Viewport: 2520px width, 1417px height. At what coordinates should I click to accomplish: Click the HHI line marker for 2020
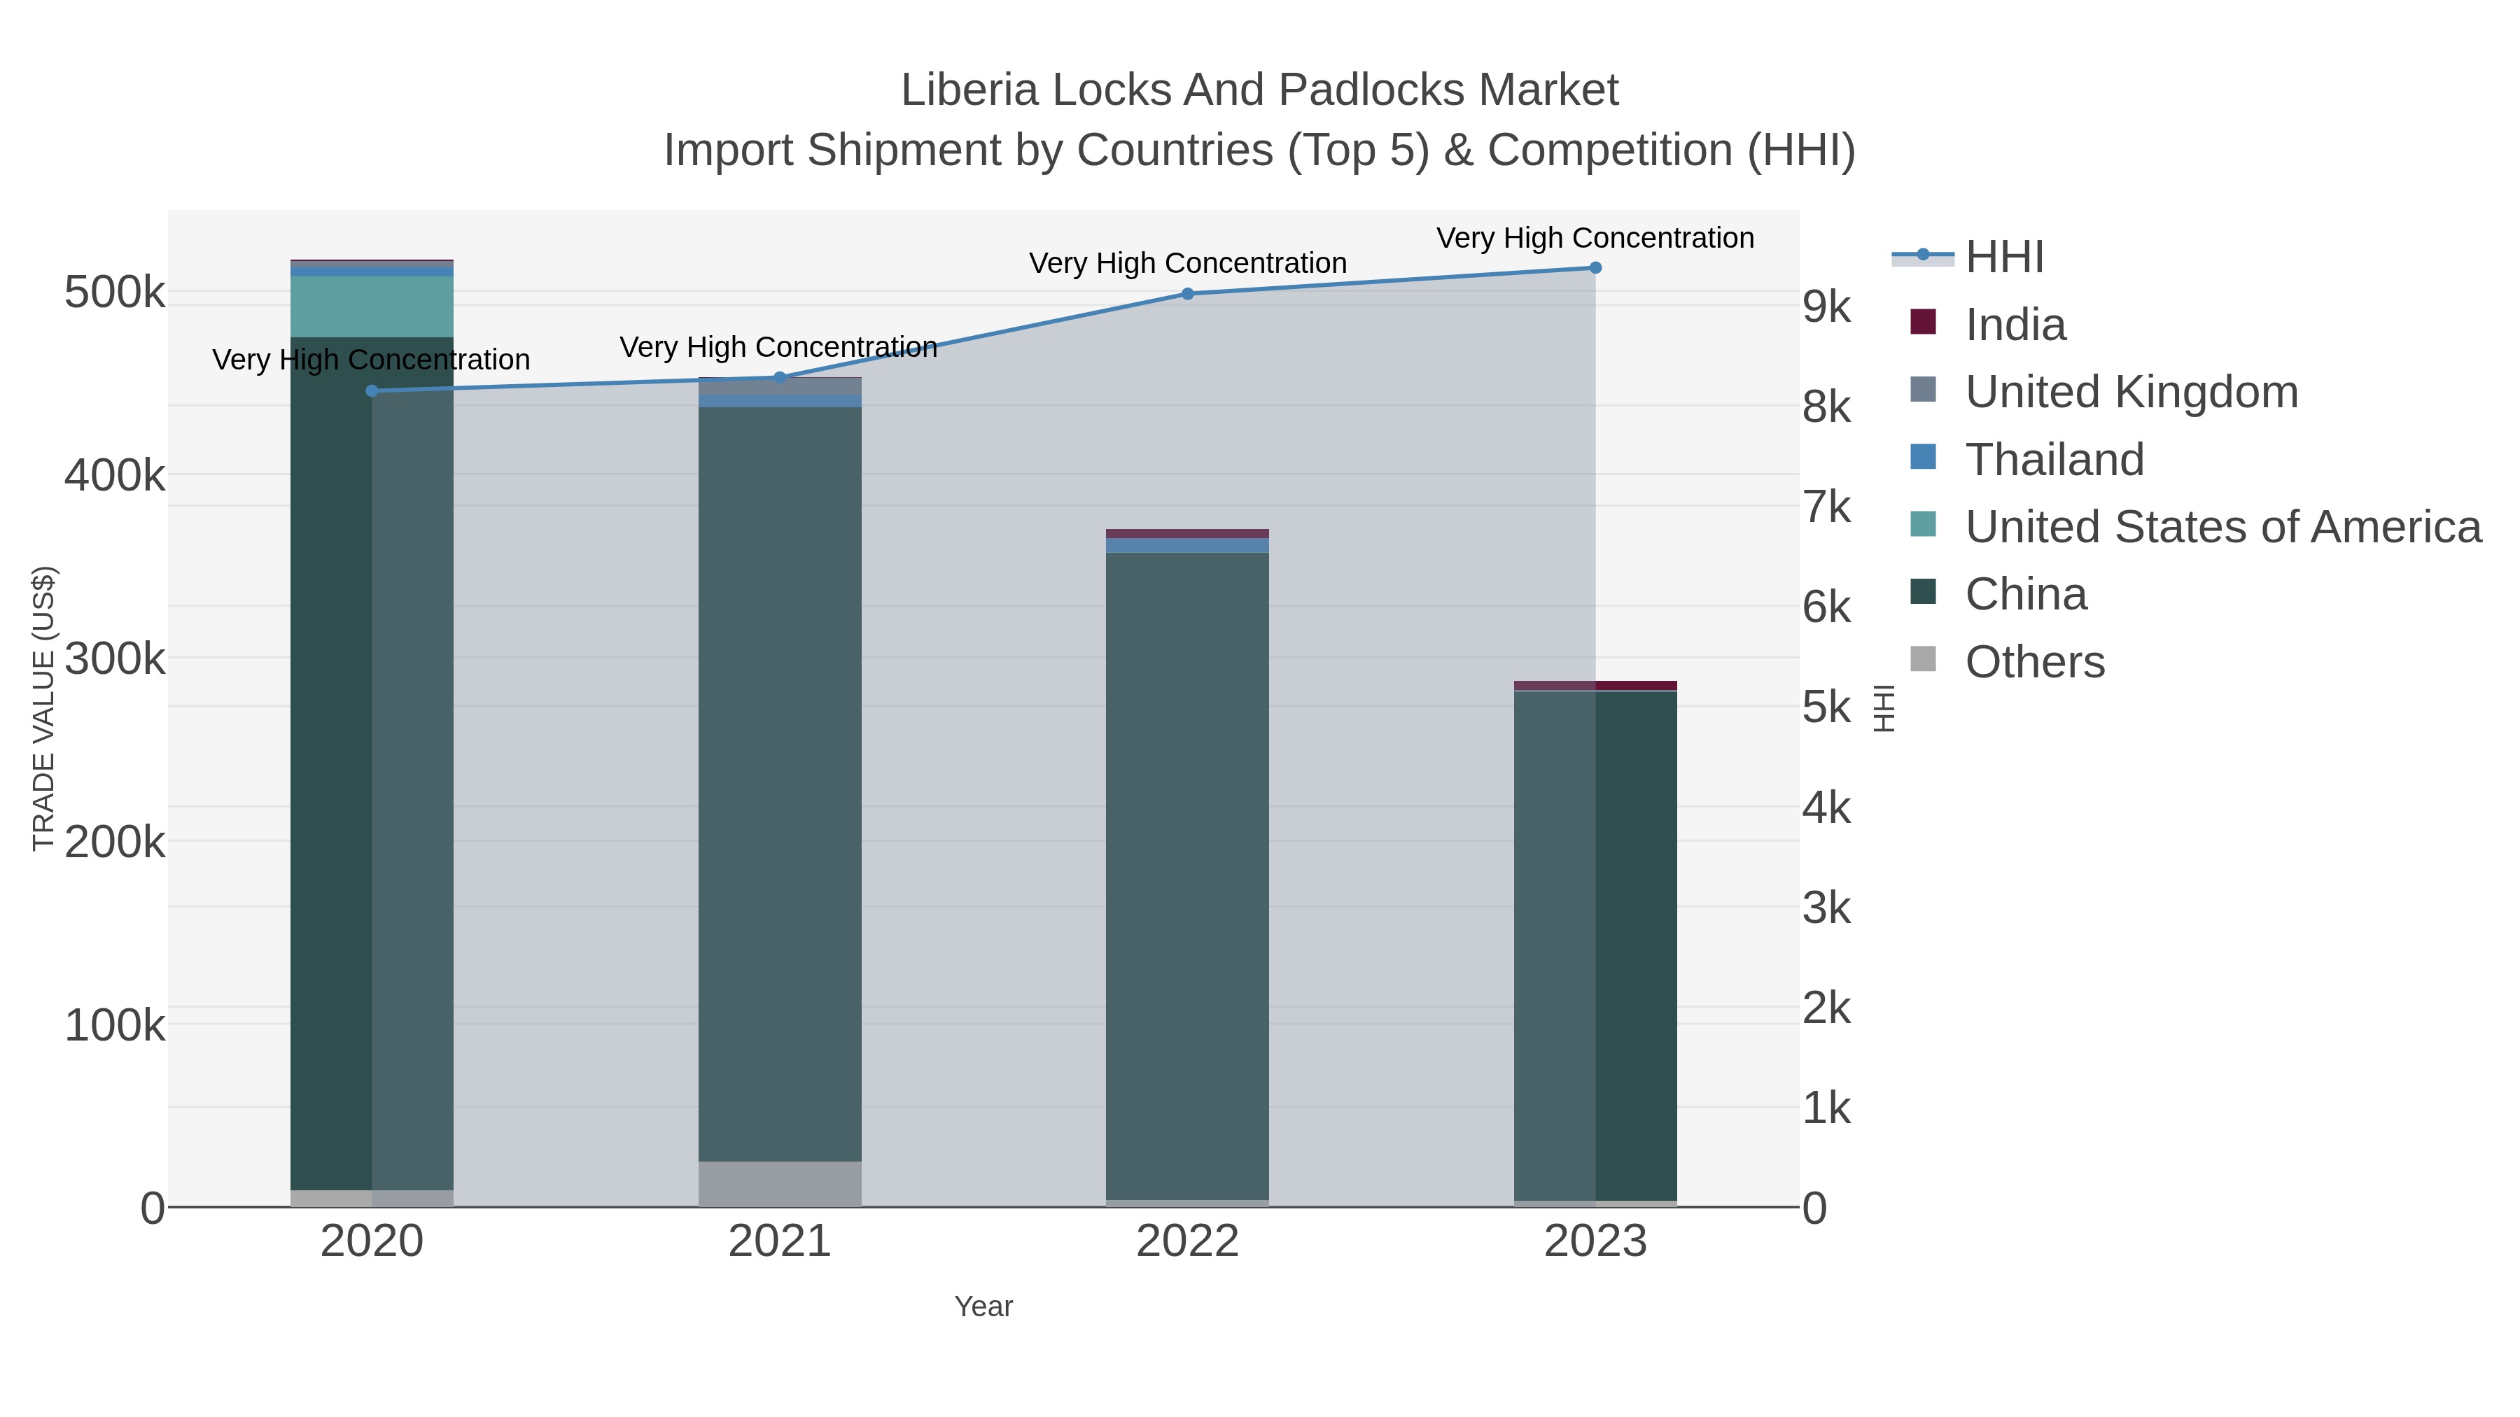pyautogui.click(x=372, y=391)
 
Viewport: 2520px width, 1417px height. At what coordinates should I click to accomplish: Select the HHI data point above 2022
pyautogui.click(x=1188, y=293)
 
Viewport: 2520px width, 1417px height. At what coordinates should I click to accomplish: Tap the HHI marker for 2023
pyautogui.click(x=1595, y=268)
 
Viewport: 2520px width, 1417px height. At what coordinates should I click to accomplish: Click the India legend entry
pyautogui.click(x=2015, y=325)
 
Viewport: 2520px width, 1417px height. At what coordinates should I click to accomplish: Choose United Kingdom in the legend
pyautogui.click(x=2131, y=392)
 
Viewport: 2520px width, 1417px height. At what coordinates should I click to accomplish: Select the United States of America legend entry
pyautogui.click(x=2222, y=527)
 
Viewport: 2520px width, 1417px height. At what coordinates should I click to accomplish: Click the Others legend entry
pyautogui.click(x=2035, y=662)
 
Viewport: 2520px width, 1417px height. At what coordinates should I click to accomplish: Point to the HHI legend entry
pyautogui.click(x=2003, y=258)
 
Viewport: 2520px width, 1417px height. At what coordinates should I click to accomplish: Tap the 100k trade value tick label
pyautogui.click(x=115, y=1026)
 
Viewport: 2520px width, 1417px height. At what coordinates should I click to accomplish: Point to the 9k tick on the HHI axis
pyautogui.click(x=1826, y=307)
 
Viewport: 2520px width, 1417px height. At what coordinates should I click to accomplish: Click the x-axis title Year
pyautogui.click(x=983, y=1306)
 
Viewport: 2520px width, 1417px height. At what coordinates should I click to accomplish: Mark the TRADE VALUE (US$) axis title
pyautogui.click(x=44, y=708)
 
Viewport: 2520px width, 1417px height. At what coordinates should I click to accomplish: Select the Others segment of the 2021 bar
pyautogui.click(x=780, y=1183)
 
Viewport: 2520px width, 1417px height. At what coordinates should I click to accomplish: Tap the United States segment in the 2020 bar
pyautogui.click(x=372, y=306)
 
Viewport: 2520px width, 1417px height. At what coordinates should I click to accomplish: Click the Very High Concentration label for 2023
pyautogui.click(x=1595, y=238)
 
